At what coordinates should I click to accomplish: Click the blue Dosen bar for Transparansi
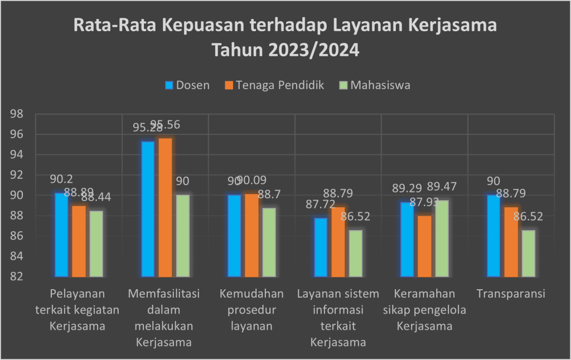point(493,236)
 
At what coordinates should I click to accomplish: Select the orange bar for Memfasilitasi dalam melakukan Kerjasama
point(165,207)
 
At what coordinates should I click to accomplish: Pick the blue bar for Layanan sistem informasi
point(321,247)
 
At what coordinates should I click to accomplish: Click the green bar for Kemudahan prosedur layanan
point(269,242)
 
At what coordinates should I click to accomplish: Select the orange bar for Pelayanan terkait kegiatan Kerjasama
point(79,241)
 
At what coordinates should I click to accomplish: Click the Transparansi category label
point(510,294)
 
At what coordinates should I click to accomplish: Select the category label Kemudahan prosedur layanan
point(251,310)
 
